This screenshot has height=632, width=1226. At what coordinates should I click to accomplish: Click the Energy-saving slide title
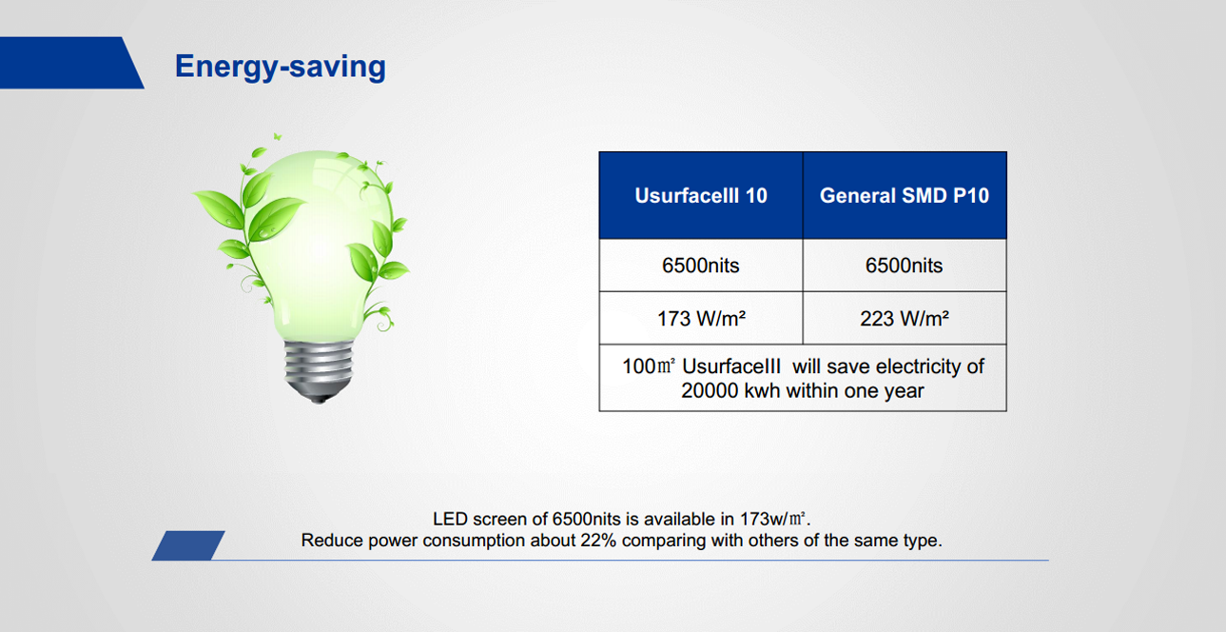(x=281, y=68)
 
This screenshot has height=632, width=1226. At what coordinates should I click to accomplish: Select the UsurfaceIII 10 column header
(x=701, y=195)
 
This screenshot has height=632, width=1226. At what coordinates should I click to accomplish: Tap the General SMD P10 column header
(x=905, y=195)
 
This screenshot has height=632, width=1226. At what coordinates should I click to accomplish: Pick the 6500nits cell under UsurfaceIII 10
(x=701, y=266)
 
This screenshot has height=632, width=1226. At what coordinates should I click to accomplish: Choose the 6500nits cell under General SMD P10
(x=905, y=266)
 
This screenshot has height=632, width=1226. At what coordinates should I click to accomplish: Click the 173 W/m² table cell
(x=701, y=318)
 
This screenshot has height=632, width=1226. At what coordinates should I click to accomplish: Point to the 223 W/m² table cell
(x=905, y=318)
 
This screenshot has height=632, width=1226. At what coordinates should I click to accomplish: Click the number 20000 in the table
(x=710, y=391)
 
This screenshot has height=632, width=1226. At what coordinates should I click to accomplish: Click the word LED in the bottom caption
(x=450, y=519)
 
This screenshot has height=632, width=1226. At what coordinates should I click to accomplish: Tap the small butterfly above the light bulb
(x=278, y=136)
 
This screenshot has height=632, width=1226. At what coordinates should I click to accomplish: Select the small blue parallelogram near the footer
(x=188, y=545)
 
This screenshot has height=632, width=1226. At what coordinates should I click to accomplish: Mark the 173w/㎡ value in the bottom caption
(x=773, y=519)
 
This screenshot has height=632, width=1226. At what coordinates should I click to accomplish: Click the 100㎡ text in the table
(x=649, y=366)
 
